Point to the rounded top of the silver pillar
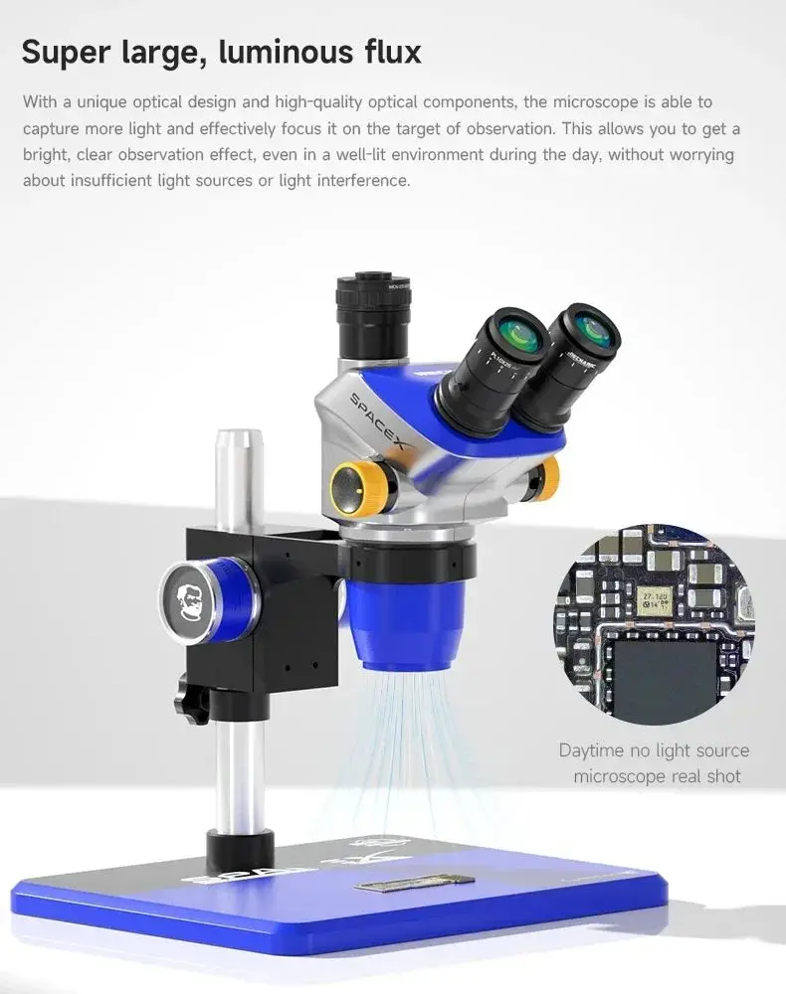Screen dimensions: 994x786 pyautogui.click(x=238, y=440)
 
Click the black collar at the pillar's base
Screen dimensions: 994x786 pyautogui.click(x=240, y=850)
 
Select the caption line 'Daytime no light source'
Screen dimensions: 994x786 pyautogui.click(x=654, y=750)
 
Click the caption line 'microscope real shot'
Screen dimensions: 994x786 pyautogui.click(x=657, y=776)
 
